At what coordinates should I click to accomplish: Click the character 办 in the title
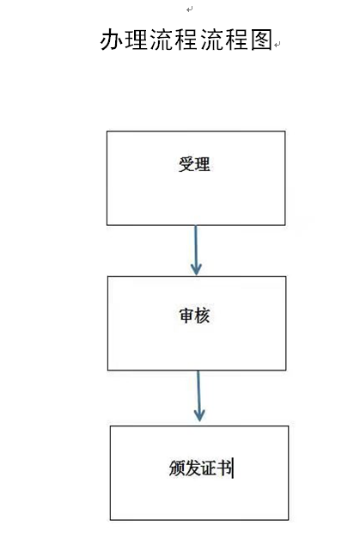point(112,40)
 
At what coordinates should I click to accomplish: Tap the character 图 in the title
point(262,40)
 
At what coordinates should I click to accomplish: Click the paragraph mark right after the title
point(278,45)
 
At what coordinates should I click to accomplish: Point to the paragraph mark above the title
point(190,9)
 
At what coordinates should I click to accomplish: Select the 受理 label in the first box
point(194,164)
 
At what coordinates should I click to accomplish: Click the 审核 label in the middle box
point(194,315)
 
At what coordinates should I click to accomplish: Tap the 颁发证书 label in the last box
point(200,468)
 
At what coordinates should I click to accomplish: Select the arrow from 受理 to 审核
point(196,250)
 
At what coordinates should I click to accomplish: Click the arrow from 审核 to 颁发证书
point(198,395)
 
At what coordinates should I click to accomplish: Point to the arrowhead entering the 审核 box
point(196,270)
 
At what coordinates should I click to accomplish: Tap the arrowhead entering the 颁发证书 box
point(199,416)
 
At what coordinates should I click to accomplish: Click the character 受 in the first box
point(186,164)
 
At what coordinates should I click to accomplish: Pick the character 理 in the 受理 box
point(202,164)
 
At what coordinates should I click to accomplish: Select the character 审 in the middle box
point(186,315)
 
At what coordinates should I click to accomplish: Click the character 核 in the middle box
point(202,315)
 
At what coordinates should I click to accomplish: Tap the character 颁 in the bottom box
point(177,468)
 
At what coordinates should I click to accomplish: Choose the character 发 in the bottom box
point(192,468)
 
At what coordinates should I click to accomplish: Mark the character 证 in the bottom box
point(209,468)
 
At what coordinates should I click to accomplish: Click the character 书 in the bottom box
point(224,468)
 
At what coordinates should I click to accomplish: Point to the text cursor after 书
point(233,468)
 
